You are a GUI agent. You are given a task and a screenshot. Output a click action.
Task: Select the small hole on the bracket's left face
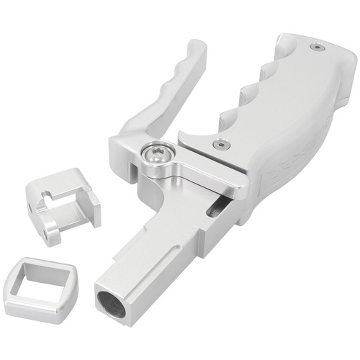[32, 206]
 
